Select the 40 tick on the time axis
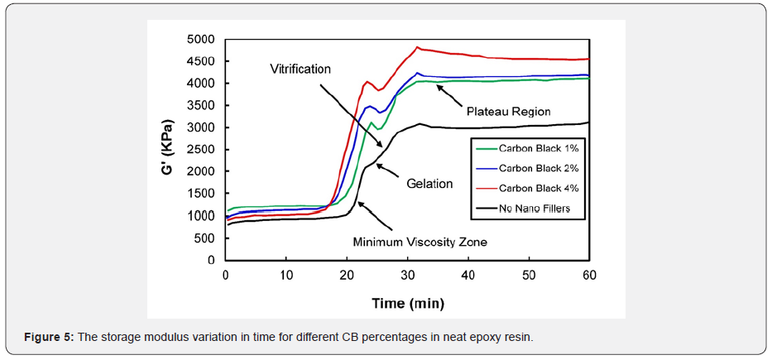point(468,273)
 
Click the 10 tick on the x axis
point(285,273)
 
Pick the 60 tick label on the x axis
point(588,273)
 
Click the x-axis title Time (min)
point(406,303)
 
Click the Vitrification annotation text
point(300,69)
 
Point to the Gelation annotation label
point(429,184)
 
